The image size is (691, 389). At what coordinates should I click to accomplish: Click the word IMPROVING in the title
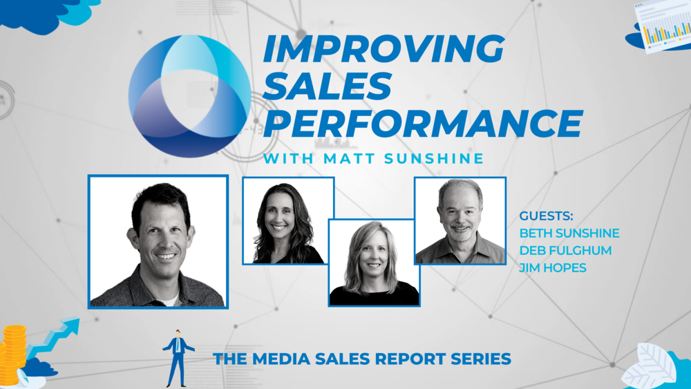click(384, 48)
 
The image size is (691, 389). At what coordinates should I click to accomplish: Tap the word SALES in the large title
click(327, 86)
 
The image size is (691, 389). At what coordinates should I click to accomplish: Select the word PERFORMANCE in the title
click(423, 124)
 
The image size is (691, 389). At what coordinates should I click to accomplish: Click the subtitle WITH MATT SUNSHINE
click(373, 159)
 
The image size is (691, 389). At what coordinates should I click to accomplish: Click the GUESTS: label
click(546, 216)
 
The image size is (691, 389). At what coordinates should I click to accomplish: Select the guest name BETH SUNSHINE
click(569, 233)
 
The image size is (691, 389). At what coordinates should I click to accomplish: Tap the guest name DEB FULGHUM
click(565, 250)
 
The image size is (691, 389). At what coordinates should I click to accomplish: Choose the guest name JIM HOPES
click(553, 267)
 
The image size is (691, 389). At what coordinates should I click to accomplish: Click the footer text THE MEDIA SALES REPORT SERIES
click(362, 359)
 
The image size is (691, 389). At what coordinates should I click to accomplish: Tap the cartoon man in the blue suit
click(178, 358)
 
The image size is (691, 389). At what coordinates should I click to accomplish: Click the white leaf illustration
click(648, 366)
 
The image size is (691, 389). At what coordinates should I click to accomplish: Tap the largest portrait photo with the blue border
click(158, 242)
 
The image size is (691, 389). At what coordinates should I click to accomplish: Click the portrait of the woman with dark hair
click(288, 220)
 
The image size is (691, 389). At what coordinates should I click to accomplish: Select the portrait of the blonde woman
click(374, 263)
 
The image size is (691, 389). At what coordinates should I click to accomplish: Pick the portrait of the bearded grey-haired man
click(460, 220)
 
